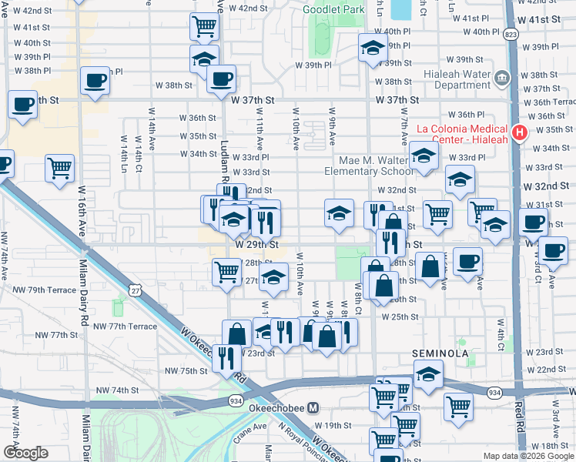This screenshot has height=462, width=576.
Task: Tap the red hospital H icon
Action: [x=519, y=132]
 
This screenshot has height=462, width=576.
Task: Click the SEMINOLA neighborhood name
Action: [x=440, y=353]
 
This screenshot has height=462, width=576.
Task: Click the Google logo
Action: [x=26, y=453]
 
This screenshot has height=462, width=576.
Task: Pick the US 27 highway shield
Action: [x=136, y=290]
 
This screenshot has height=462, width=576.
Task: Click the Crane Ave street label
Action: [x=249, y=436]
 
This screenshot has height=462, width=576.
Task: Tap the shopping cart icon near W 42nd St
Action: [x=204, y=26]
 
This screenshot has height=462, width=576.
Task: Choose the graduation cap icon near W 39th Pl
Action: [x=373, y=49]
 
